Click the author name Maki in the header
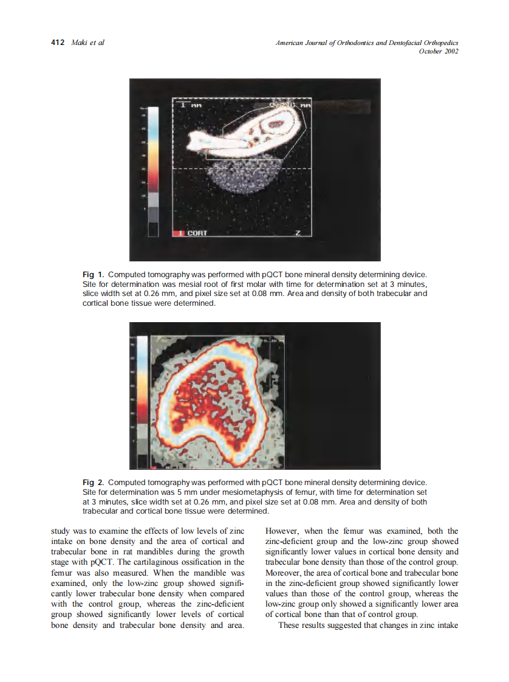[79, 43]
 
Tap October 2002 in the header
[439, 51]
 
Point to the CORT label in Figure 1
[197, 233]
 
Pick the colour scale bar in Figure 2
[142, 401]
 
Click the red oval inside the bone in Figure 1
[276, 123]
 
